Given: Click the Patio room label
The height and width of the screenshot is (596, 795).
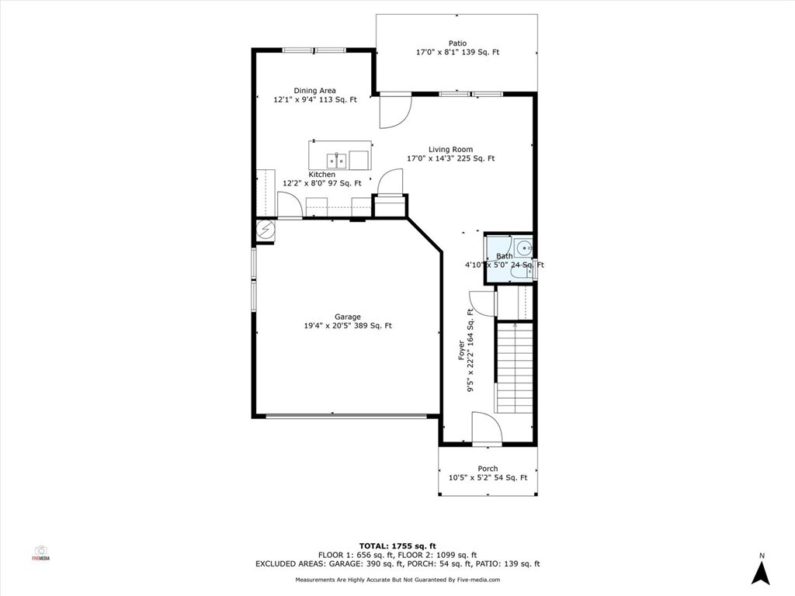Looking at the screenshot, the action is [457, 43].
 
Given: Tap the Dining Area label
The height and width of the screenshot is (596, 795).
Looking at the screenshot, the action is [315, 91].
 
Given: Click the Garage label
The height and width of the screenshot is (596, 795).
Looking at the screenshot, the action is [348, 317].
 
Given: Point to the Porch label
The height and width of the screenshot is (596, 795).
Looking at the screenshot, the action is [488, 469].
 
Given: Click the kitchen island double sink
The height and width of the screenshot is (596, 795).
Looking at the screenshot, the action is [336, 160].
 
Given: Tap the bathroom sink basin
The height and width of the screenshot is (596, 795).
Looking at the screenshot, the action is [524, 248].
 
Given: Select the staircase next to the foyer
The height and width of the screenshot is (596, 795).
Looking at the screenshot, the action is [514, 367].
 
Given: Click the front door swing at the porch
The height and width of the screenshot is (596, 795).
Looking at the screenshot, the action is [487, 428].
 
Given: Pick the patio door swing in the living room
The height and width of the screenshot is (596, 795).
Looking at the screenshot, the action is [395, 111].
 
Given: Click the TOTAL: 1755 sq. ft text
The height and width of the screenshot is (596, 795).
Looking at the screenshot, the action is [397, 546].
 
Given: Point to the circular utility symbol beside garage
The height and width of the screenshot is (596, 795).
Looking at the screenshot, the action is [265, 230].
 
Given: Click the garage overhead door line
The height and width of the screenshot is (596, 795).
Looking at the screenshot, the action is [346, 417].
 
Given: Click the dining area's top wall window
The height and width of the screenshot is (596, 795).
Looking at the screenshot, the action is [314, 50].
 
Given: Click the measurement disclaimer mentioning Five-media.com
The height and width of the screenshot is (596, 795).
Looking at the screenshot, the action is [397, 580].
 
